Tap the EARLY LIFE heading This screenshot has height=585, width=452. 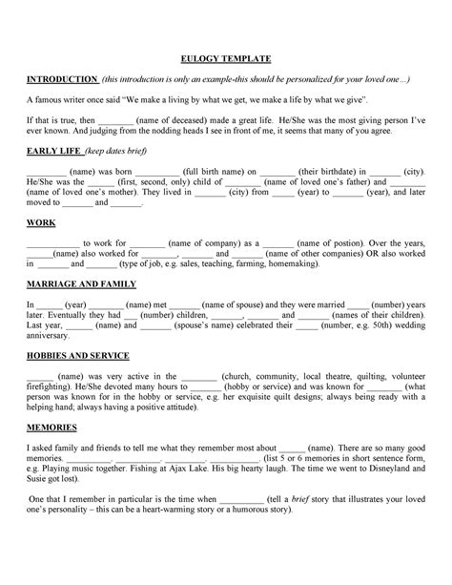(x=53, y=151)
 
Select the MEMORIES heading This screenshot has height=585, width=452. (x=46, y=428)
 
